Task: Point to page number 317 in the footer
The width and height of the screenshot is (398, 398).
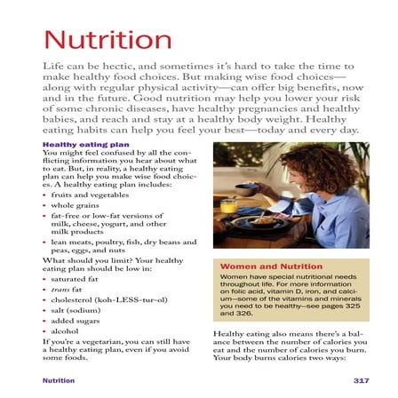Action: [360, 379]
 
